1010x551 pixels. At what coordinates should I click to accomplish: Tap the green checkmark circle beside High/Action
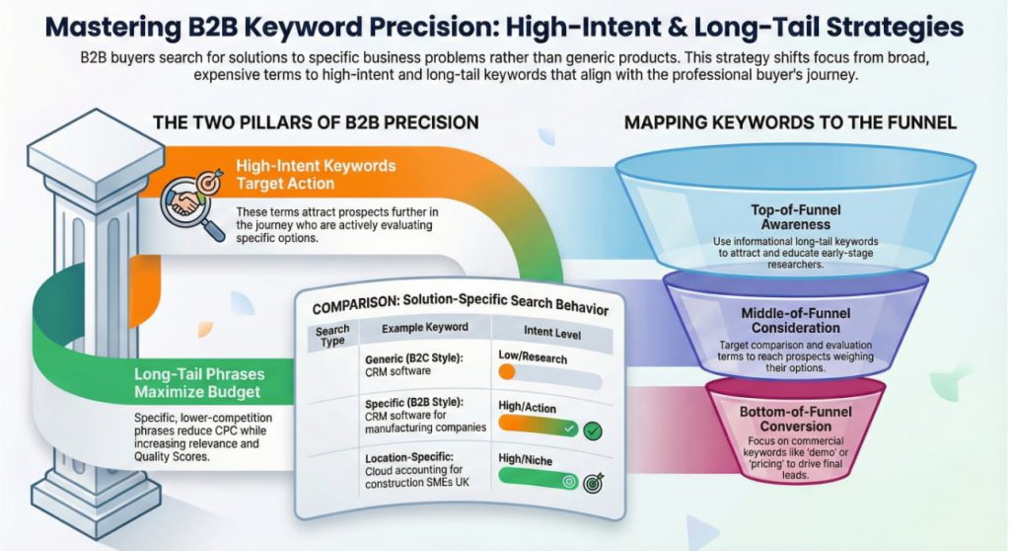(x=593, y=431)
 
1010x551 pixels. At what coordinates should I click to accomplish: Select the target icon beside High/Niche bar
(x=593, y=482)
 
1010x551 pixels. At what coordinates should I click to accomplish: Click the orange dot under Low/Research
(x=507, y=371)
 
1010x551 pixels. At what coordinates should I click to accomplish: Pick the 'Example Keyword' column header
(x=424, y=328)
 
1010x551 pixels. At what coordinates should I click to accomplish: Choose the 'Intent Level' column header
(x=552, y=332)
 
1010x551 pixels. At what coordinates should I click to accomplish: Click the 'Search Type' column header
(x=332, y=336)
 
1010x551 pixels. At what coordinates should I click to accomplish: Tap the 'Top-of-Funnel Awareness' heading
(x=796, y=217)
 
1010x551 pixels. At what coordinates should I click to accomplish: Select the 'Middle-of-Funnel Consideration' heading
(x=796, y=320)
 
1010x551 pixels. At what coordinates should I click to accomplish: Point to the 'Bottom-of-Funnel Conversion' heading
(x=796, y=419)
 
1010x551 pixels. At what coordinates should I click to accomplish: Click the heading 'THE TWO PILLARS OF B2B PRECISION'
(x=316, y=122)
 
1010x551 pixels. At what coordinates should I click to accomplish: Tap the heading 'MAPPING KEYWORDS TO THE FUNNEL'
(x=790, y=122)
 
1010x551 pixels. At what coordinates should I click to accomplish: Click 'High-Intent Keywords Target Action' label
(x=316, y=175)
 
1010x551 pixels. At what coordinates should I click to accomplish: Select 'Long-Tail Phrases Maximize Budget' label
(x=199, y=383)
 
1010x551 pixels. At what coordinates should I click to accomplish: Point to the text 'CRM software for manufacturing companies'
(x=425, y=422)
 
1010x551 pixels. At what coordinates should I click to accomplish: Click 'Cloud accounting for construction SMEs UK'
(x=417, y=476)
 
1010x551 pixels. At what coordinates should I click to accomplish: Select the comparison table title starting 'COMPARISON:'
(x=460, y=302)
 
